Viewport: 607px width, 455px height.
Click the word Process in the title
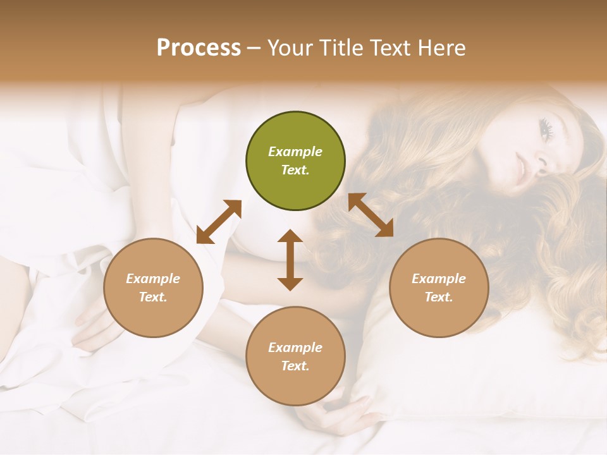point(199,48)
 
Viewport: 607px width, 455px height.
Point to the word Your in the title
point(290,48)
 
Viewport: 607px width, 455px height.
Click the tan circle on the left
point(153,288)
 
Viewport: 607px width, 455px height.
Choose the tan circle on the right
point(439,288)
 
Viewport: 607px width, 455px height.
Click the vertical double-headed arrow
point(290,260)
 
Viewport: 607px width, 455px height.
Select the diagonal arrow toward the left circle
point(219,222)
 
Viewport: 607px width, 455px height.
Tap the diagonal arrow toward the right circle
point(371,215)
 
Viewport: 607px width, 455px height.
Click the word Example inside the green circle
point(295,152)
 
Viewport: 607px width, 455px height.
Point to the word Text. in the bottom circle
point(295,366)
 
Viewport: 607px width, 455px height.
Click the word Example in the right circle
point(439,279)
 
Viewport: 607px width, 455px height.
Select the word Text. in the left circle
point(153,297)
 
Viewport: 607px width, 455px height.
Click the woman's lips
point(521,168)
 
